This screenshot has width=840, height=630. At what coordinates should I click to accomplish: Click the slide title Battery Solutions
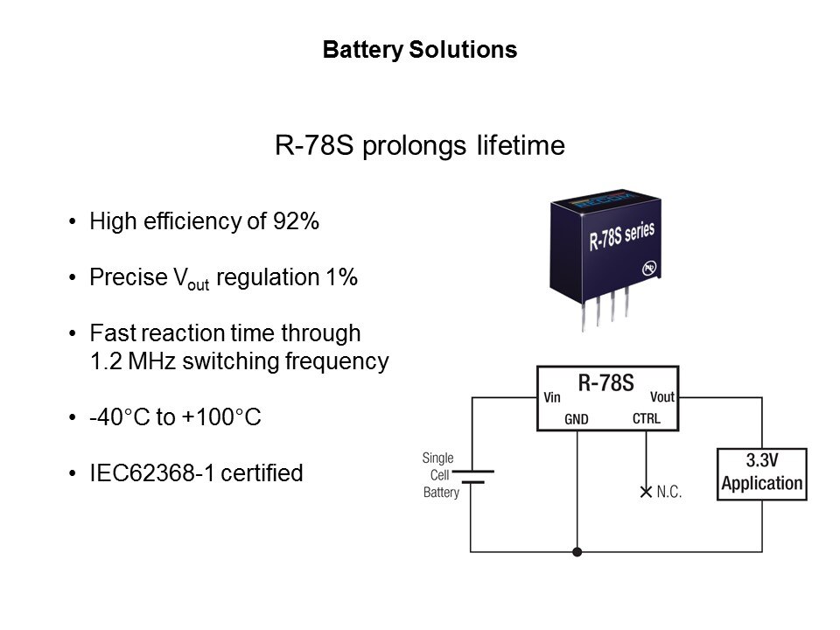pos(420,51)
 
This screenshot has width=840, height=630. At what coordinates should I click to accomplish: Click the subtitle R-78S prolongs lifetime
pos(420,145)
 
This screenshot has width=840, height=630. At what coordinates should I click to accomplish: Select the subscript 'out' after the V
pos(199,284)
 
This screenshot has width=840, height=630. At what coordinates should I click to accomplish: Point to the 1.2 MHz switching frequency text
pos(239,361)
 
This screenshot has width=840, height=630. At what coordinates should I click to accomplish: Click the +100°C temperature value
pos(221,418)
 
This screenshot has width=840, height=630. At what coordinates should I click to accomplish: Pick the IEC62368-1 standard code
pos(152,474)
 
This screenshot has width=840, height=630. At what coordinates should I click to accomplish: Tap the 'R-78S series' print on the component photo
pos(622,235)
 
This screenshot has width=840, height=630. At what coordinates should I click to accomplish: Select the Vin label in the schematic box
pos(552,397)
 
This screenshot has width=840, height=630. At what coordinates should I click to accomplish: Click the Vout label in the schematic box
pos(662,397)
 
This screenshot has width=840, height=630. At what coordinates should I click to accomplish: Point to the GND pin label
pos(577,419)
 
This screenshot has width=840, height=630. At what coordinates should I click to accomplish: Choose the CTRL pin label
pos(646,419)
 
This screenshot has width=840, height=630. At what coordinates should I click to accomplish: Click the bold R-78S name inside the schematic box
pos(606,381)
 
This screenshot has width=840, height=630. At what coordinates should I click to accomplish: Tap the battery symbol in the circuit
pos(473,476)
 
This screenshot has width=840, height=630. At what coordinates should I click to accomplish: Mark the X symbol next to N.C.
pos(646,493)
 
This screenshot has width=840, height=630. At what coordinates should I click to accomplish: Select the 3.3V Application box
pos(761,474)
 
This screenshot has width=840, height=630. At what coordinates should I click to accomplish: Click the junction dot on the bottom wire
pos(577,552)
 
